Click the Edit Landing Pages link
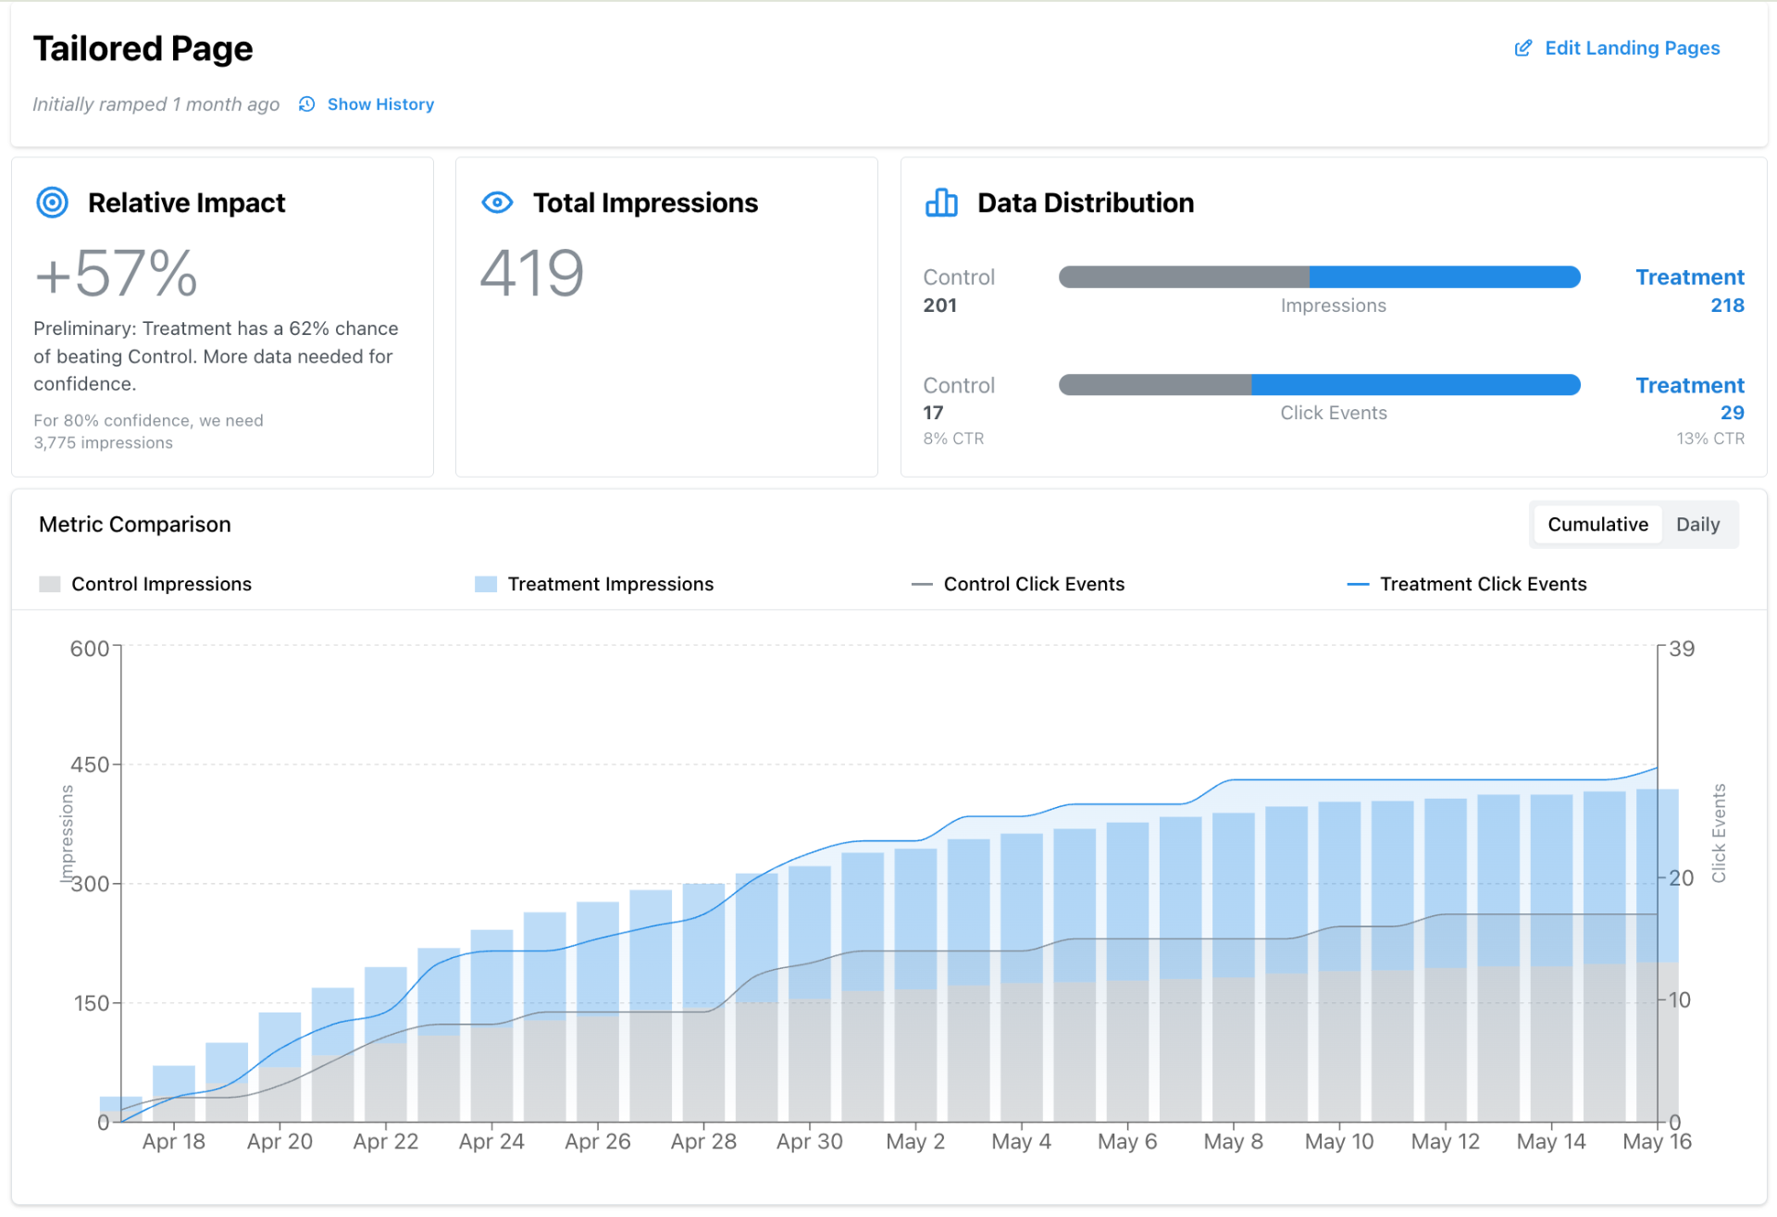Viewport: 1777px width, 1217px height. click(x=1631, y=48)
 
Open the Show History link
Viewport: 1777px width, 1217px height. click(x=379, y=105)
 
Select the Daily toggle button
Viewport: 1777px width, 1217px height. click(x=1696, y=525)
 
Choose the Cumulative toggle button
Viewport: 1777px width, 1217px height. click(x=1597, y=525)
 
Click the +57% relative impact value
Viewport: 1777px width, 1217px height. click(x=117, y=274)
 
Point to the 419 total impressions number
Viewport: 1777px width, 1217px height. click(x=531, y=274)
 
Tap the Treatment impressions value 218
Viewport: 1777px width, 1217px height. click(x=1726, y=305)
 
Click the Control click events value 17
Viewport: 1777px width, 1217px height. click(x=933, y=413)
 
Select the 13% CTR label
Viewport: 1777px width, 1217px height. click(x=1709, y=439)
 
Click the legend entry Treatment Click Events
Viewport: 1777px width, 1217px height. click(x=1482, y=584)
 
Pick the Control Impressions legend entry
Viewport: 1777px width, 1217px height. click(x=161, y=584)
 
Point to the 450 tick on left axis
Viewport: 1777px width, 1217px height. click(x=90, y=764)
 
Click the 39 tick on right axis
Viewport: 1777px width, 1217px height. click(x=1682, y=649)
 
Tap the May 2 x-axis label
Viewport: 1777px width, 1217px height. click(x=914, y=1142)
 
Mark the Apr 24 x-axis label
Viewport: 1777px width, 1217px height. click(x=491, y=1142)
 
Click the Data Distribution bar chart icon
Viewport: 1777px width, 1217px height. click(x=941, y=203)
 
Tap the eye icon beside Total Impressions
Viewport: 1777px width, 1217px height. click(x=497, y=203)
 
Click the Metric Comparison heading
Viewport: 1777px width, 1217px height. click(x=135, y=525)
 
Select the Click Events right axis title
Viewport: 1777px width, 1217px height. click(x=1719, y=833)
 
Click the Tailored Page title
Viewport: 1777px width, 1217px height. click(x=143, y=49)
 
